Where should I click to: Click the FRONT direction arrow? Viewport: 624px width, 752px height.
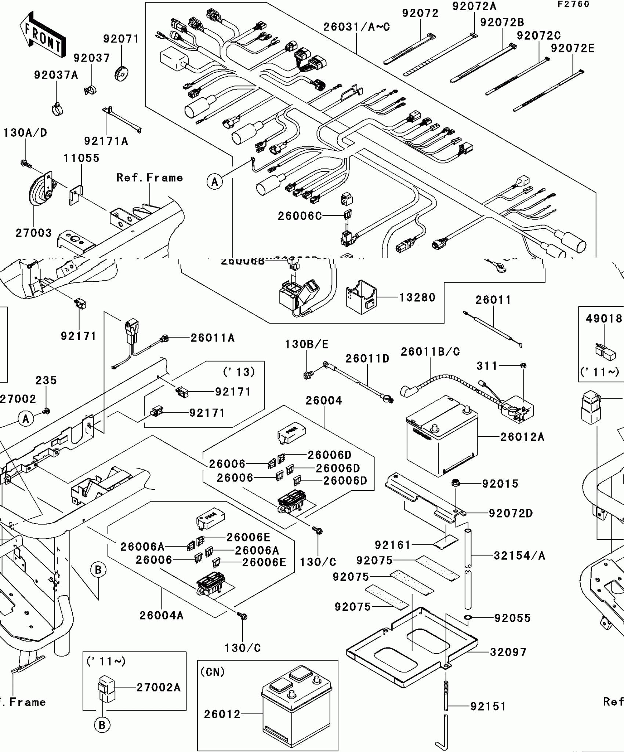43,35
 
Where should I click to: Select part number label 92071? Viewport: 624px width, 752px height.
121,39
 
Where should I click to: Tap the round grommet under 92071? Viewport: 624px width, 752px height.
121,73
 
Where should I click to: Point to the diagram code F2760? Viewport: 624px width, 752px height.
573,4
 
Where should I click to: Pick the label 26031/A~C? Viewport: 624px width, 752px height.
356,27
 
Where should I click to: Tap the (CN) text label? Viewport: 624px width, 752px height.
213,672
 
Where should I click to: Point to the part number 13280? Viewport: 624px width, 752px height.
417,297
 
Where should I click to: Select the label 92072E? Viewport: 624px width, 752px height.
573,48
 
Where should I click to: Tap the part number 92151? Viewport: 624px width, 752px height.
488,706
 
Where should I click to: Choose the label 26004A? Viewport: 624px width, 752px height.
161,615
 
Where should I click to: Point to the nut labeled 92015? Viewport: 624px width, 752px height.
456,483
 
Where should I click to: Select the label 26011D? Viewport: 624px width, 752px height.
367,358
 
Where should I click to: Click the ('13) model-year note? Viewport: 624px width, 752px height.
239,372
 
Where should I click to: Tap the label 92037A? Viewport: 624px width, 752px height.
56,75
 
